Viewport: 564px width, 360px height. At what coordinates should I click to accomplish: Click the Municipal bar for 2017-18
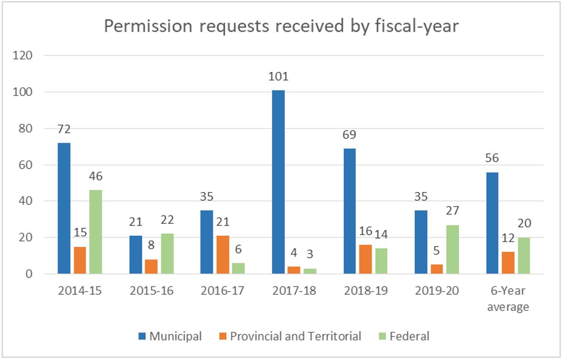278,182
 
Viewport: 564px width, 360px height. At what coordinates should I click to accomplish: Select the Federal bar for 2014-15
95,232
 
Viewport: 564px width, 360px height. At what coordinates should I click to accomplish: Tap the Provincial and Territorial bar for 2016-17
222,255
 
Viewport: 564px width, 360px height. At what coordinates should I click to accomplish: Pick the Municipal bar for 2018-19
350,211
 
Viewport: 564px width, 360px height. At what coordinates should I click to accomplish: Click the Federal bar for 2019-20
452,249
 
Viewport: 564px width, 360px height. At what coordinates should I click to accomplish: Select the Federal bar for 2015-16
167,254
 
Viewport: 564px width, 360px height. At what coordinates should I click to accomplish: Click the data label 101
278,77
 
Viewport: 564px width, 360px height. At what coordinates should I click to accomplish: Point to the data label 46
95,177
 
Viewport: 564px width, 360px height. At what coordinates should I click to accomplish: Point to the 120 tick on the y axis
24,56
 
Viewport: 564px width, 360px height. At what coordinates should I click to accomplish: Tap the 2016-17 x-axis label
222,291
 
